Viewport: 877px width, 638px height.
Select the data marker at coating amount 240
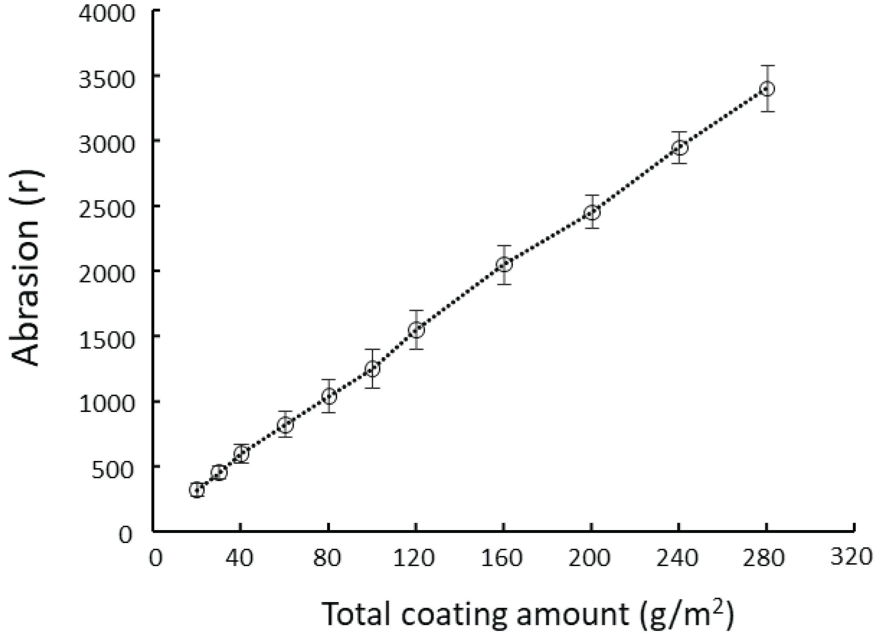679,148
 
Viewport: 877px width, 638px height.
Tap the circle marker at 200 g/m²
592,212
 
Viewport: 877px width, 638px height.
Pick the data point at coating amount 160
504,264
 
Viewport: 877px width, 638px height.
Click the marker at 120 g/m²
416,330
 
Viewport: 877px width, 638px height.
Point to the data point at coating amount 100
372,368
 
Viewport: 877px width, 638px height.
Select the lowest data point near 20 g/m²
197,490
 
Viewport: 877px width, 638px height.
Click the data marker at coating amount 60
285,425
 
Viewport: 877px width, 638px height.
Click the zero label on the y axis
125,535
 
